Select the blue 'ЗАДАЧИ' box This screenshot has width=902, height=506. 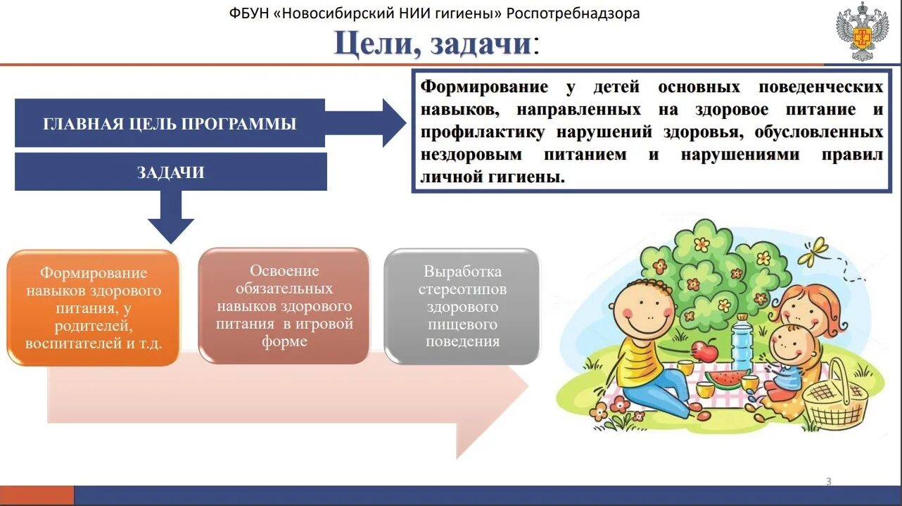pyautogui.click(x=170, y=172)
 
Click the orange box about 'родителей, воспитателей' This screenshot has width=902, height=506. pyautogui.click(x=93, y=308)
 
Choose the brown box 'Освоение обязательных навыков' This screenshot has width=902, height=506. pyautogui.click(x=284, y=306)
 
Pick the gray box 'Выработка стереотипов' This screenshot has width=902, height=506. pyautogui.click(x=462, y=306)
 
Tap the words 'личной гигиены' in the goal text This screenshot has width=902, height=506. pyautogui.click(x=492, y=177)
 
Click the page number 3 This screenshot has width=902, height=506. pyautogui.click(x=828, y=481)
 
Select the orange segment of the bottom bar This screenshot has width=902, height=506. pyautogui.click(x=37, y=495)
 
